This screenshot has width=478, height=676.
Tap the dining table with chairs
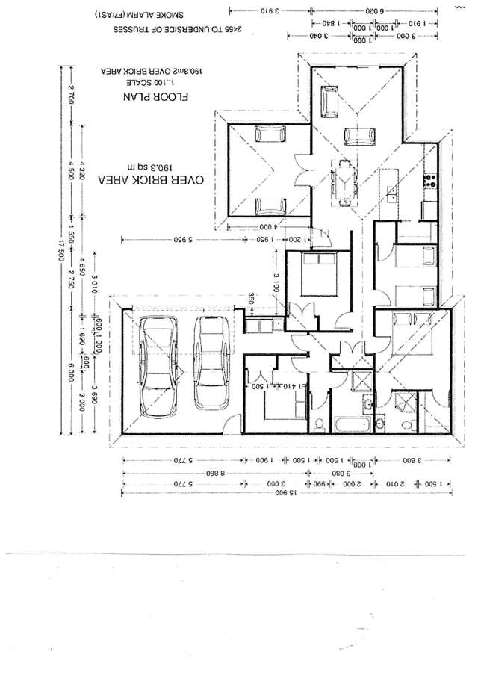(344, 180)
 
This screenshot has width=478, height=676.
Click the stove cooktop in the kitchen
(431, 180)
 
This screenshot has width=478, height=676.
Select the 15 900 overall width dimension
(283, 493)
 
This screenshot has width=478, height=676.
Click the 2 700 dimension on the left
(72, 95)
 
